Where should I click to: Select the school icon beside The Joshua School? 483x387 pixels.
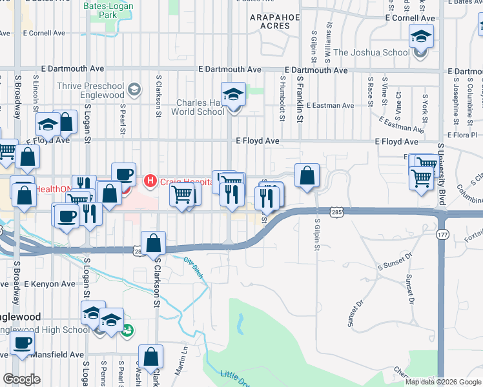pos(421,38)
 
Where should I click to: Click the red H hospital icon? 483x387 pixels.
pos(150,180)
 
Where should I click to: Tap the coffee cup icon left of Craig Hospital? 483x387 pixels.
pos(123,174)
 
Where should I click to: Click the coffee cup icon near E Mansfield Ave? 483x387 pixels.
pos(22,343)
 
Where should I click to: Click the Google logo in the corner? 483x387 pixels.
pos(21,379)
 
